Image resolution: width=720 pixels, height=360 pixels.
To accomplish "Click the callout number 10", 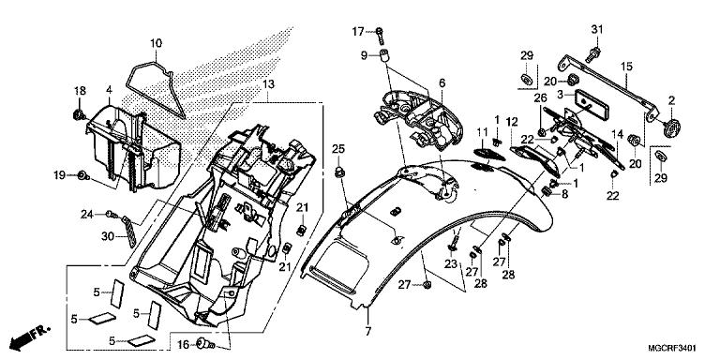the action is pyautogui.click(x=156, y=44).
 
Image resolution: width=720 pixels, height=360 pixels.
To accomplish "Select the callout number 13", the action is pyautogui.click(x=269, y=84).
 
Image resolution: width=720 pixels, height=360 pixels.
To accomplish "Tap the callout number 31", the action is pyautogui.click(x=596, y=30).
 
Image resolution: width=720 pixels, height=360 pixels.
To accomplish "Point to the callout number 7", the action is pyautogui.click(x=367, y=332).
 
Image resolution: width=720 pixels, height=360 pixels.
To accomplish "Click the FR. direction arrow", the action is pyautogui.click(x=30, y=336).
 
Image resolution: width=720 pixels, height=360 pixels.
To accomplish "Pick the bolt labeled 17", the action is pyautogui.click(x=380, y=33).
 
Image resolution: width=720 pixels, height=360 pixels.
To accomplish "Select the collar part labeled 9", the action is pyautogui.click(x=382, y=56).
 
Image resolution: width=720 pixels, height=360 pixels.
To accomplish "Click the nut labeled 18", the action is pyautogui.click(x=79, y=114).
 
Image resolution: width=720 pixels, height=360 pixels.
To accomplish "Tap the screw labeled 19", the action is pyautogui.click(x=83, y=175).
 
